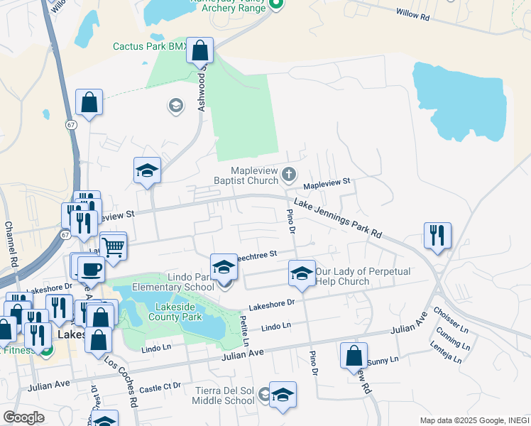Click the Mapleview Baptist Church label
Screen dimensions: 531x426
click(254, 175)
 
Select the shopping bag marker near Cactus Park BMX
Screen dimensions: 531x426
click(200, 51)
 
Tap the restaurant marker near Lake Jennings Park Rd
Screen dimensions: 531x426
click(437, 236)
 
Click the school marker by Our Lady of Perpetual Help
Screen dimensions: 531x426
click(302, 273)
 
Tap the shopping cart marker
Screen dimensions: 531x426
click(113, 247)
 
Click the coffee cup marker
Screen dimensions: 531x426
click(91, 269)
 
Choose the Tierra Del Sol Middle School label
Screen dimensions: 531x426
click(225, 395)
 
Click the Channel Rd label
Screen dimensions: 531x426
click(11, 245)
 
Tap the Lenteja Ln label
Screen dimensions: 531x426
click(446, 351)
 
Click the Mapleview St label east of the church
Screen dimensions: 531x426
click(327, 183)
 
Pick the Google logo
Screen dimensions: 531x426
click(24, 417)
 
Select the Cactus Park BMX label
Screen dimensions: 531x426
click(150, 47)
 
